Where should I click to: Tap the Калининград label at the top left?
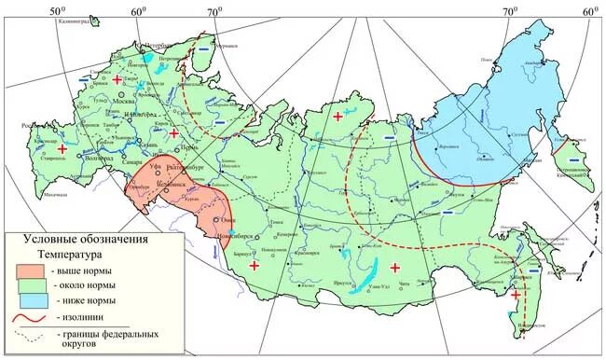tap(82, 19)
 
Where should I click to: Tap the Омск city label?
tap(227, 220)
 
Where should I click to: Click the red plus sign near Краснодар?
tap(62, 149)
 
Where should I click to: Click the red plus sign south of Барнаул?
tap(254, 267)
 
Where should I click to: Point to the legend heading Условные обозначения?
tap(78, 239)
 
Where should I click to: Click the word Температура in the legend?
tap(70, 254)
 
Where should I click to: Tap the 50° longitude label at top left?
tap(58, 10)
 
